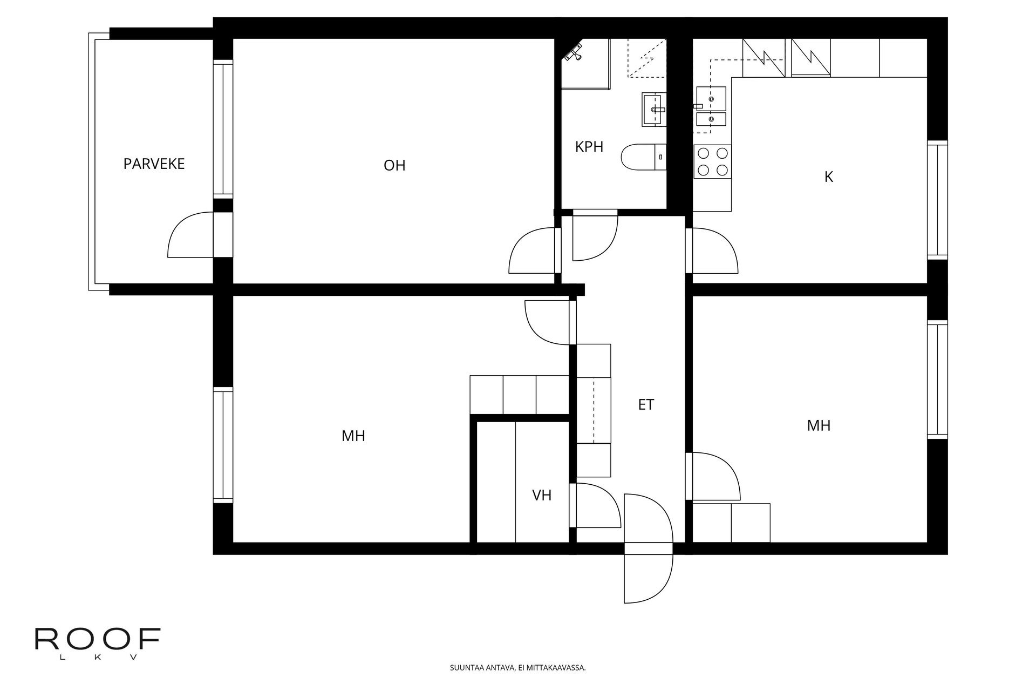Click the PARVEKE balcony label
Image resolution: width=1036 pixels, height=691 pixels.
pos(154,164)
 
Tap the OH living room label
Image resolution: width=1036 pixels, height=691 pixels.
pos(394,166)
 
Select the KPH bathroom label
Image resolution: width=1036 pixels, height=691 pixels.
pos(589,147)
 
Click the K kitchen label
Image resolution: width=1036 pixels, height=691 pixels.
pos(829,177)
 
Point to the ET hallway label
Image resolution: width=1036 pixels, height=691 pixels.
pos(646,405)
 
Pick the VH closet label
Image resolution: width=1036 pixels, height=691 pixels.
pos(542,496)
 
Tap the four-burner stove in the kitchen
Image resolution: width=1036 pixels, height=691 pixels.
pos(712,162)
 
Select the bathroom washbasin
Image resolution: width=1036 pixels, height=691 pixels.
pos(654,109)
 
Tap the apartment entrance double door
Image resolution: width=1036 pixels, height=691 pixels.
pos(648,548)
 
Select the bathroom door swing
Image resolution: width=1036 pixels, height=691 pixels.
pos(594,238)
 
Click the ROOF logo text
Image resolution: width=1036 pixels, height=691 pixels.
pos(98,640)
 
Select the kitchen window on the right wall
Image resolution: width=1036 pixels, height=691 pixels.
pos(937,200)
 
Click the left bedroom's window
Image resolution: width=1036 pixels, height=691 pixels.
pos(222,445)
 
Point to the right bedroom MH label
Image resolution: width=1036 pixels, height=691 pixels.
pos(818,426)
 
